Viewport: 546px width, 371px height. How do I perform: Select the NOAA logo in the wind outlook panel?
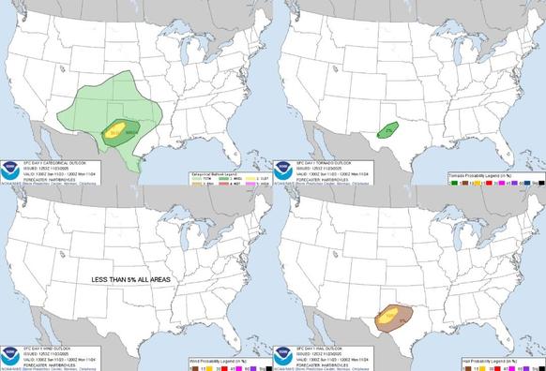[x=12, y=347]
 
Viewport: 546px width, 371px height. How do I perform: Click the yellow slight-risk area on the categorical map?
[x=116, y=130]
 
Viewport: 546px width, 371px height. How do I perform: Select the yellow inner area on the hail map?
[x=387, y=316]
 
